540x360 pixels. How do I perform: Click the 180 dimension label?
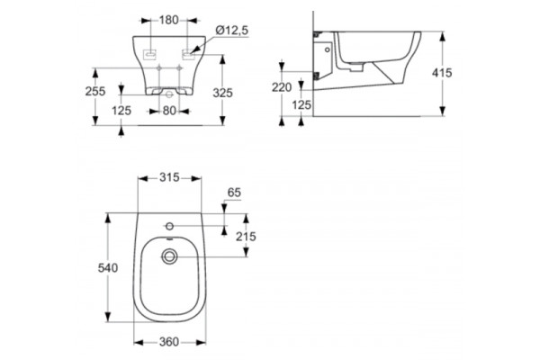point(169,21)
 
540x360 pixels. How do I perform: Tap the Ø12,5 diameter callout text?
point(232,31)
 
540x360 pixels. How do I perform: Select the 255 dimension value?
point(95,91)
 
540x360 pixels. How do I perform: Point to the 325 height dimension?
point(223,93)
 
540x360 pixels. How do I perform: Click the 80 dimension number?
point(169,111)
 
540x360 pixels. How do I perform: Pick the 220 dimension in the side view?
point(282,87)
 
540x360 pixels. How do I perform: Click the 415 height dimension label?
point(442,73)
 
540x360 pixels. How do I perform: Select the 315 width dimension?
point(169,177)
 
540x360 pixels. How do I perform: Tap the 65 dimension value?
point(234,193)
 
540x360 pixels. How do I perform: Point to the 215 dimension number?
point(246,237)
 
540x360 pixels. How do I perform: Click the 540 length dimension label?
point(108,267)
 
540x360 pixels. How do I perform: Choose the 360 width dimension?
point(169,342)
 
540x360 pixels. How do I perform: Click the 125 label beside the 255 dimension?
point(121,111)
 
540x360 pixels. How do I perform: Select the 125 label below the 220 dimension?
point(301,104)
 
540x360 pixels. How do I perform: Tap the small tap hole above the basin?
point(169,226)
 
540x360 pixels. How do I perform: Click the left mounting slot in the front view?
point(150,54)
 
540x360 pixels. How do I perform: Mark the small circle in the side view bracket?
point(328,49)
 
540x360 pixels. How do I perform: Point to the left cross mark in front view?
point(158,68)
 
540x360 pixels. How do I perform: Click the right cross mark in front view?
point(179,68)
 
